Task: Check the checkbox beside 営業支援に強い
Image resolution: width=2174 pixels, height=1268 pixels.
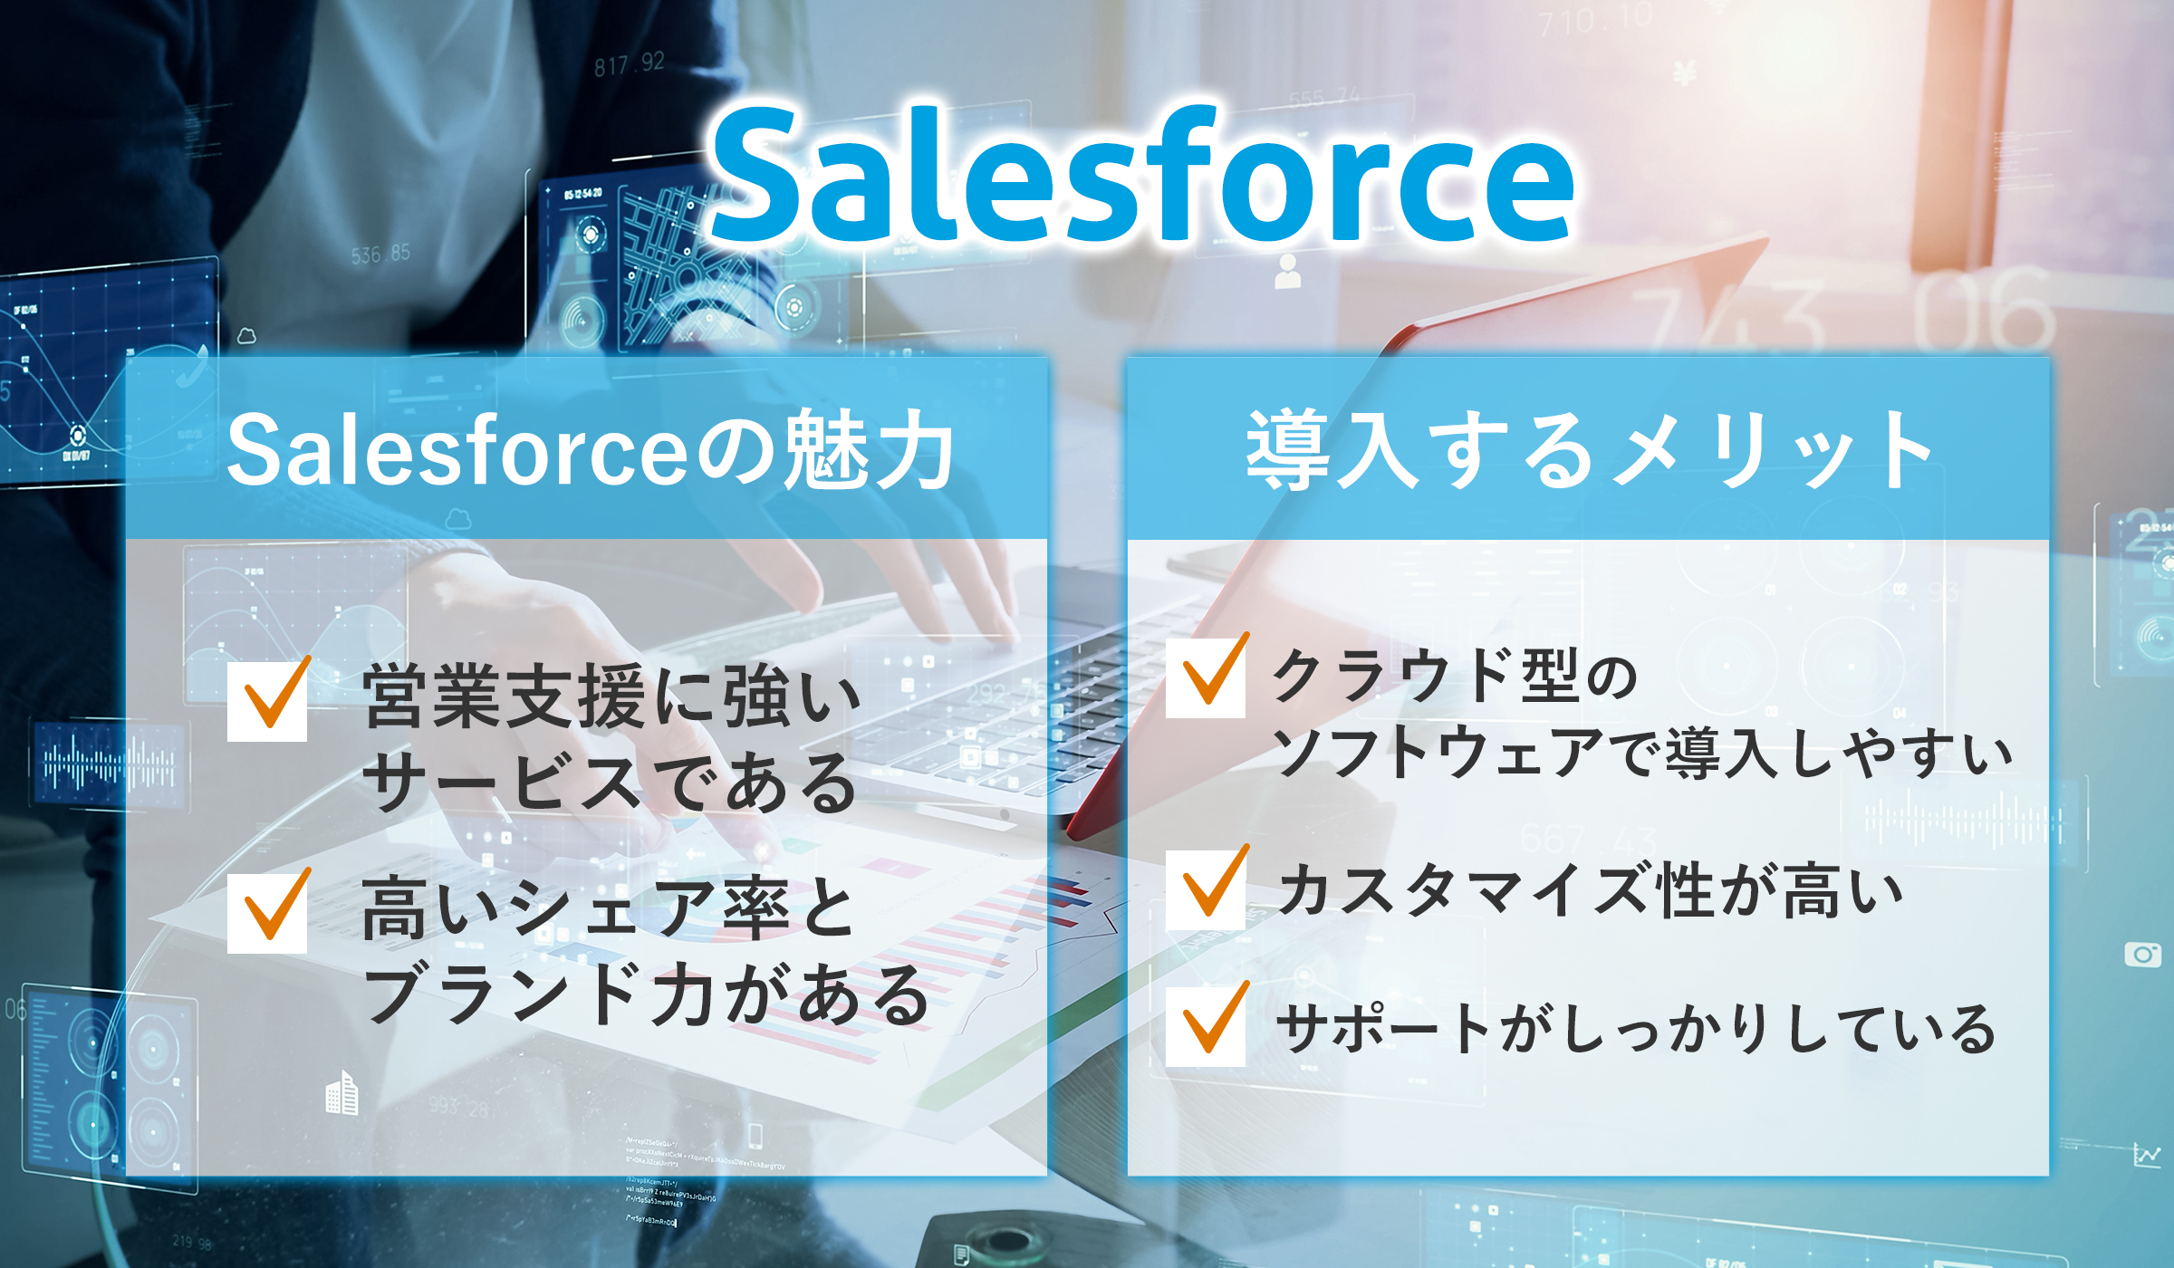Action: click(x=267, y=703)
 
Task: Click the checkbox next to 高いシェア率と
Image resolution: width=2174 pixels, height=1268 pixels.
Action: click(x=267, y=913)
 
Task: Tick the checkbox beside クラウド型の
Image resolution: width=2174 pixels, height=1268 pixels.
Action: click(x=1206, y=678)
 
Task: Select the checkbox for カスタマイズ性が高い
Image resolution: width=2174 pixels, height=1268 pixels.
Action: click(x=1206, y=890)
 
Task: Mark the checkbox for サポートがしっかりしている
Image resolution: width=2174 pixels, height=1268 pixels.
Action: click(x=1206, y=1026)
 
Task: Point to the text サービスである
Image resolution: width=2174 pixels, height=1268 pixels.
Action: click(x=609, y=781)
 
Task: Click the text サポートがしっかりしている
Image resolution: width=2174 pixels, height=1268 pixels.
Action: click(x=1636, y=1029)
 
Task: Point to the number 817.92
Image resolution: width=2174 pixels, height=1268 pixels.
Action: click(x=630, y=63)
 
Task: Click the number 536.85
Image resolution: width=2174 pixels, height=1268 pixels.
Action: click(x=380, y=255)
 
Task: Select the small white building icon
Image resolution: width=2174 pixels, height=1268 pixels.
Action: click(x=342, y=1093)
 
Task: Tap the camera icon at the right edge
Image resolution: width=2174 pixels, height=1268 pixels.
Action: click(x=2143, y=954)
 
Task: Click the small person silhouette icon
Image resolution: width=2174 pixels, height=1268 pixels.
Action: click(x=1287, y=272)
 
